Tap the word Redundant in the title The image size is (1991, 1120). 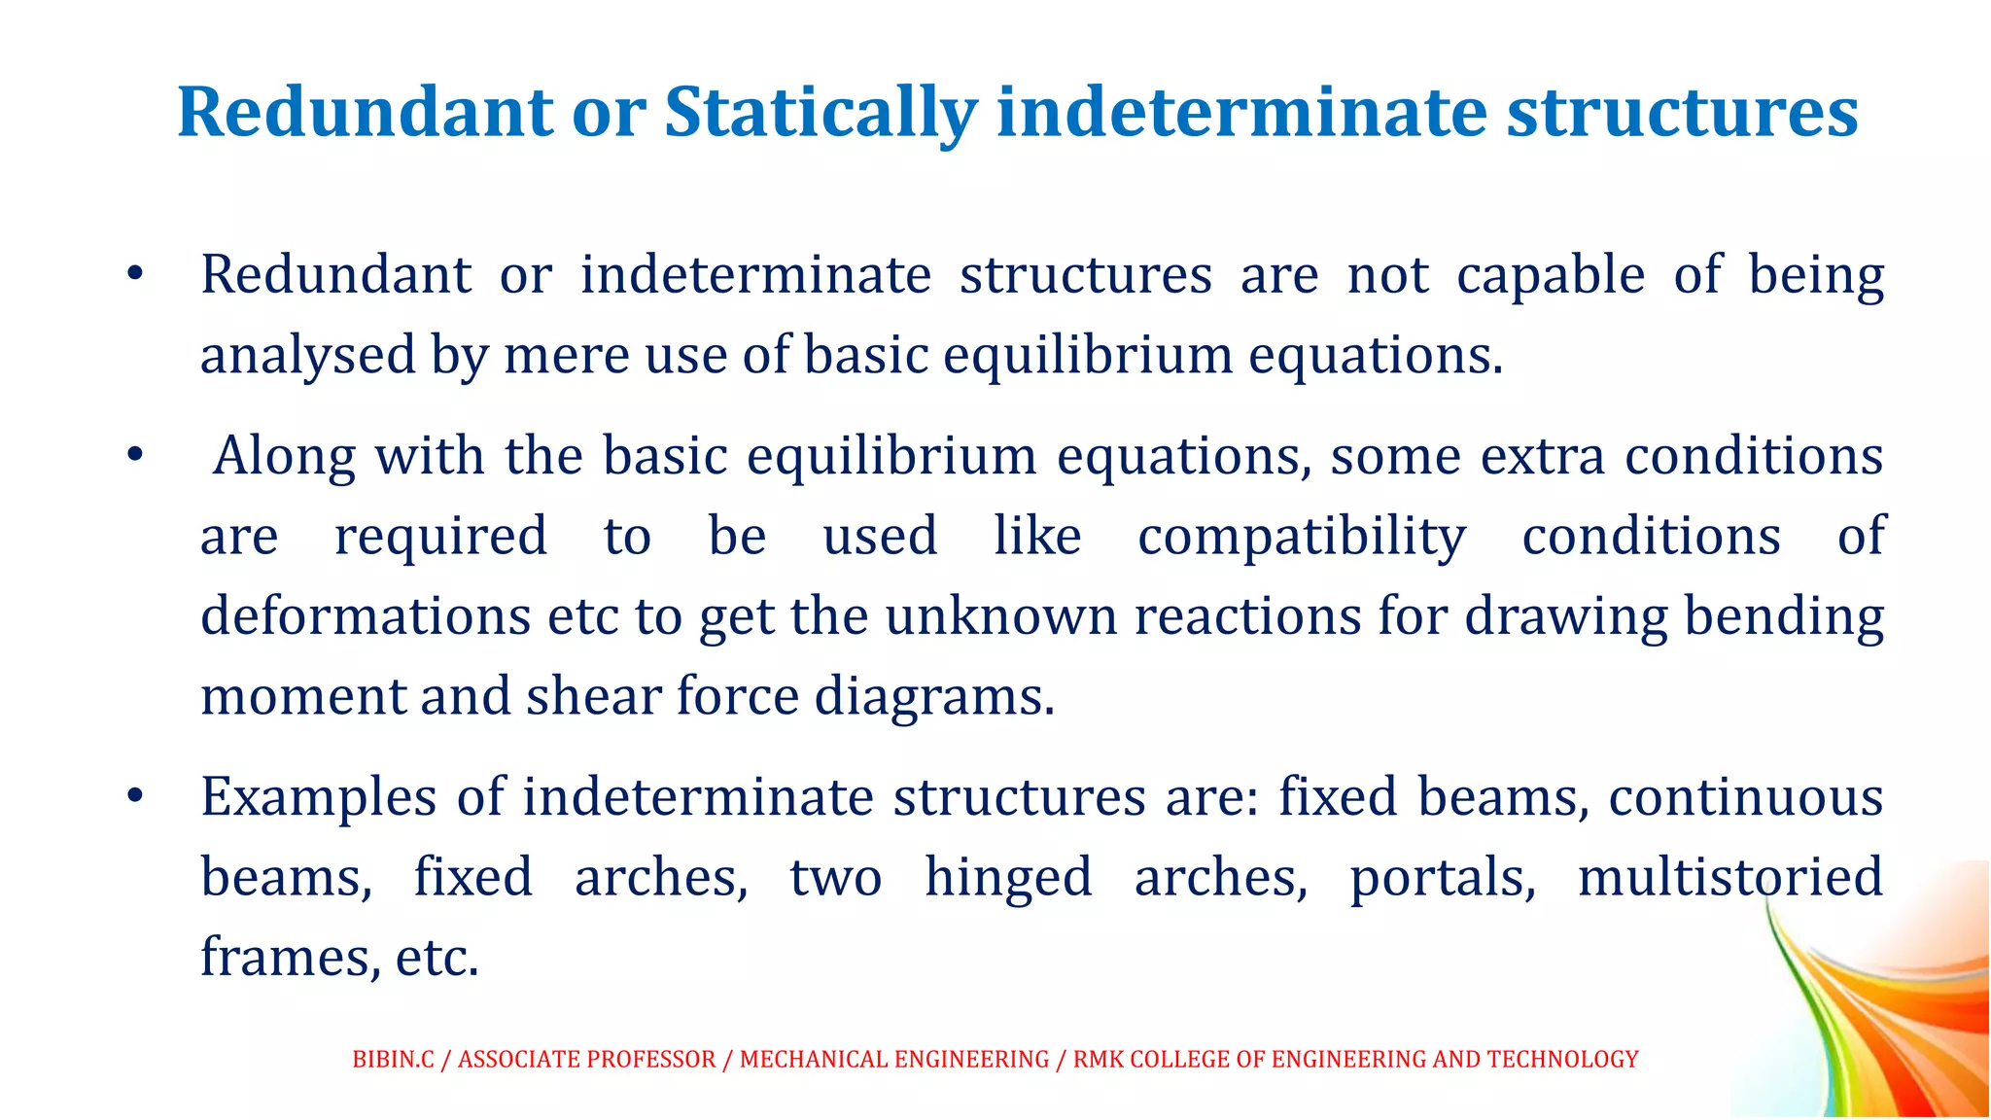pos(365,113)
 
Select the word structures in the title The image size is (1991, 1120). pos(1682,113)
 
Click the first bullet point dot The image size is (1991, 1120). pos(135,274)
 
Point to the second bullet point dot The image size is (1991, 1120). pos(135,455)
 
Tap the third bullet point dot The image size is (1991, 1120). pos(135,796)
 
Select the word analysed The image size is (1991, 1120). pos(307,356)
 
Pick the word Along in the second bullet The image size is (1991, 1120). pos(284,456)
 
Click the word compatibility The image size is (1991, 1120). pos(1302,538)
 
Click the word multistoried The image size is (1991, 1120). pos(1729,877)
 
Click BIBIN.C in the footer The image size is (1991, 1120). pos(393,1060)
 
